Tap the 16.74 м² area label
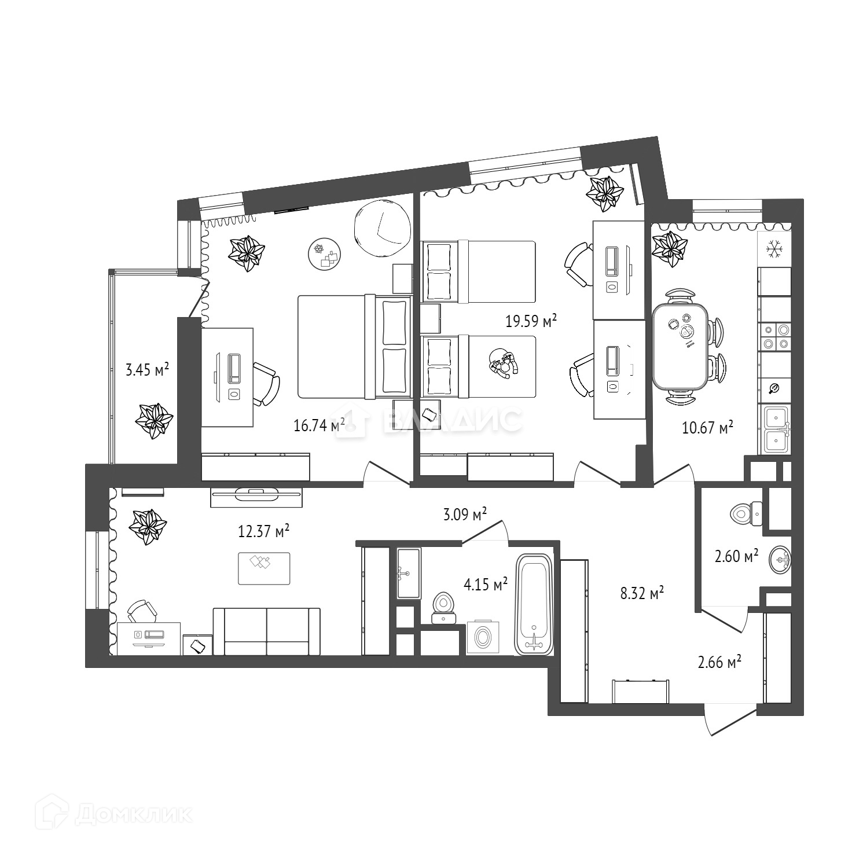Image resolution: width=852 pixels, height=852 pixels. [319, 425]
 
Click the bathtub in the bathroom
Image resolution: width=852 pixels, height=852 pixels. [534, 604]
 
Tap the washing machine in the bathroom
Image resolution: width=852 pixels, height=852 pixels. [483, 637]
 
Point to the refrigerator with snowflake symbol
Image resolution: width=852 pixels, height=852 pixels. [774, 249]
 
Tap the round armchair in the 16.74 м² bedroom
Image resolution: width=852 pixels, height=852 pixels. [381, 228]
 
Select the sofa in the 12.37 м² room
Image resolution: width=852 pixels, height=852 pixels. [266, 631]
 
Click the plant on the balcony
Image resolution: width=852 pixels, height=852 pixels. [153, 421]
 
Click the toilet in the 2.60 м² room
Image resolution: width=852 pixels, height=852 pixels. [746, 513]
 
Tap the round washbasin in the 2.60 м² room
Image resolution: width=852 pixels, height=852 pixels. [780, 560]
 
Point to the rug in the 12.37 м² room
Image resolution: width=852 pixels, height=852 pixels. [264, 568]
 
